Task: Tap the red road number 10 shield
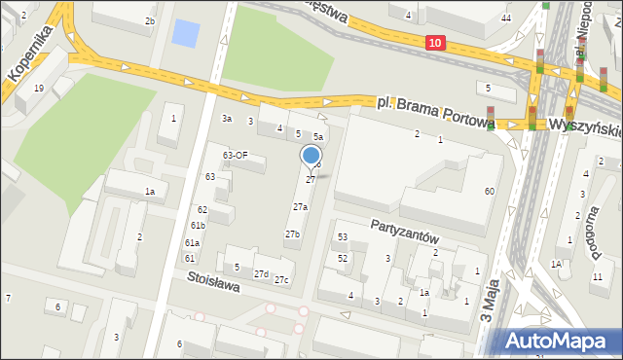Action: point(434,43)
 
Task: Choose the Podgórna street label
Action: point(591,226)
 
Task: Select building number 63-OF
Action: point(235,156)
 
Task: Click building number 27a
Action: point(301,207)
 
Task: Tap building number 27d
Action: point(261,274)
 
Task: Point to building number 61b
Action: point(198,226)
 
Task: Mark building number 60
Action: point(490,192)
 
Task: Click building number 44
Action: point(506,18)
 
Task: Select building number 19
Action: point(39,89)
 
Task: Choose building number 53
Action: point(343,237)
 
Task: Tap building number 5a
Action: point(317,137)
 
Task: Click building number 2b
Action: point(150,20)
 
